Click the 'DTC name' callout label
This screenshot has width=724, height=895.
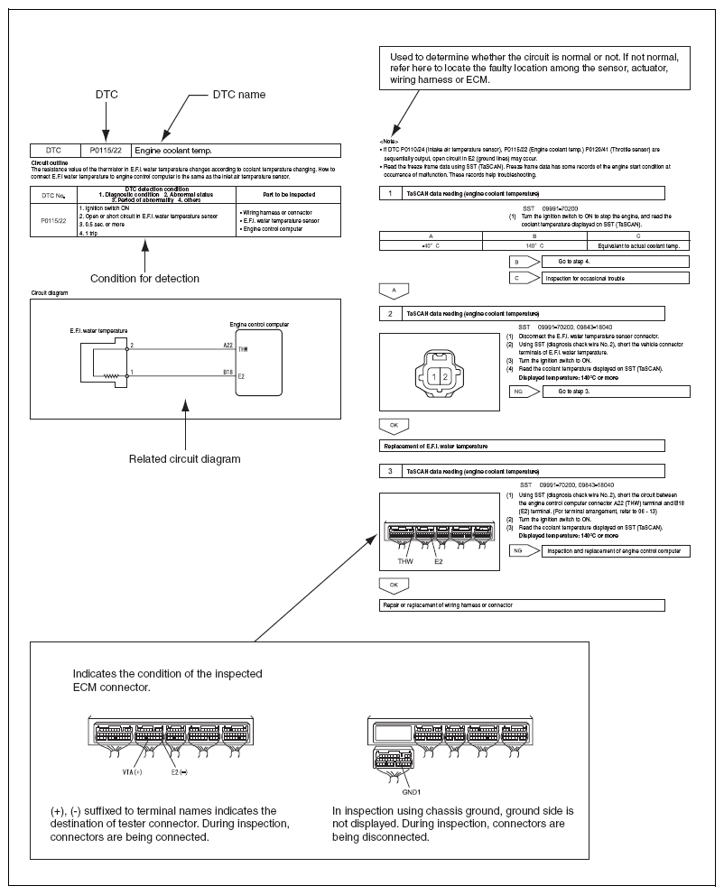click(238, 94)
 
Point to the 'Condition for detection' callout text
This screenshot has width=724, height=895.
click(144, 278)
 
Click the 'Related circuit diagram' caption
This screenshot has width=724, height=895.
click(184, 459)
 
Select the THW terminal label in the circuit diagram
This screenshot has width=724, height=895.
click(242, 349)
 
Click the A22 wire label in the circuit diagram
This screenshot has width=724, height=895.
click(227, 343)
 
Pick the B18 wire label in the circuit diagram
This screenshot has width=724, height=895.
click(227, 370)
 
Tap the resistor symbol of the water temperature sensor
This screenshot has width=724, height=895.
click(111, 375)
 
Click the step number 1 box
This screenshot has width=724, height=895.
click(389, 193)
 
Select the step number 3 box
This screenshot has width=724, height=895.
click(389, 471)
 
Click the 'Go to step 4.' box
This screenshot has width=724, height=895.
click(615, 262)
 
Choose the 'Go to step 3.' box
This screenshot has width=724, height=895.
click(615, 392)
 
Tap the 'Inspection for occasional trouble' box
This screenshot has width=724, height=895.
click(615, 278)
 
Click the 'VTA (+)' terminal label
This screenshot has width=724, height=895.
click(135, 772)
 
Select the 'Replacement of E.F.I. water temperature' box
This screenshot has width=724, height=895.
click(522, 446)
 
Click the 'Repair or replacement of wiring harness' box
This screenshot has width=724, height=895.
click(522, 604)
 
